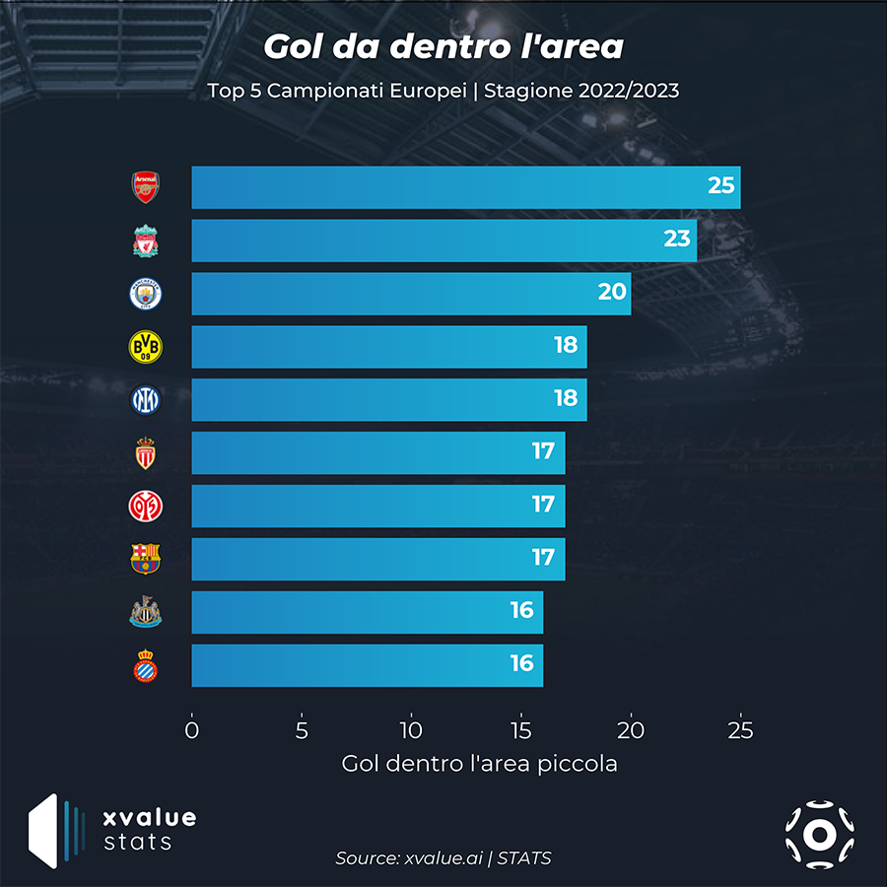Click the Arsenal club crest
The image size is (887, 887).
[146, 187]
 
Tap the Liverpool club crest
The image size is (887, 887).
[146, 240]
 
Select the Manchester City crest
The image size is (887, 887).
[146, 294]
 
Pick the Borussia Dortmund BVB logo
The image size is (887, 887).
[146, 347]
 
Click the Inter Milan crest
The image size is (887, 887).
[146, 400]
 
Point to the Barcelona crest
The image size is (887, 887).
[146, 559]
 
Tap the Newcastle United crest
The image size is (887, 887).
[146, 613]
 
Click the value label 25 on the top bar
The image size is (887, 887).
[721, 185]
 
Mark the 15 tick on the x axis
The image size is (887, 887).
[521, 730]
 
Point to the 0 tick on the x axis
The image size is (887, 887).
[192, 730]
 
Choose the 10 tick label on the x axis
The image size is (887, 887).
[411, 730]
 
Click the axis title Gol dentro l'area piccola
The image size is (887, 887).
[479, 764]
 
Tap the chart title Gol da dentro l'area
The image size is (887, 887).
[443, 46]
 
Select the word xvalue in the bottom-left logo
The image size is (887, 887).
[150, 818]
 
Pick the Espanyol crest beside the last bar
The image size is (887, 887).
[146, 666]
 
